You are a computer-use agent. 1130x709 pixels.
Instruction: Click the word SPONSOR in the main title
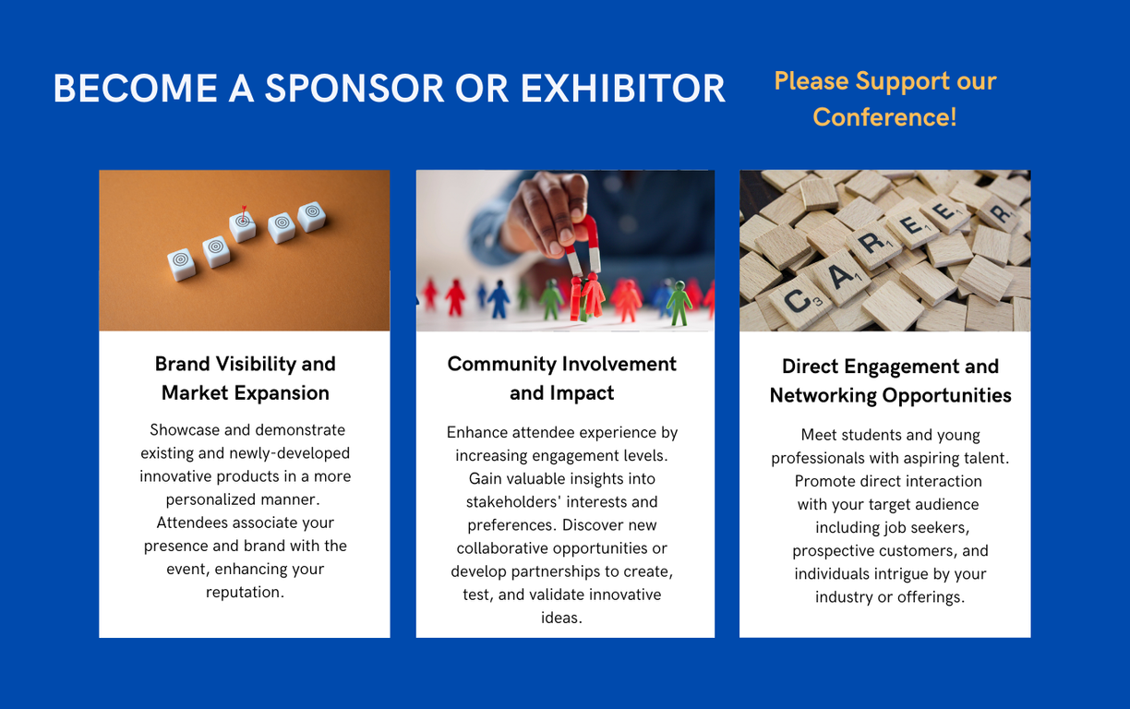pos(355,89)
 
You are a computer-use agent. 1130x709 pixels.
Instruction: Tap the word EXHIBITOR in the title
pos(622,89)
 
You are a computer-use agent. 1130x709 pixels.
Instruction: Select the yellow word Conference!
pos(884,117)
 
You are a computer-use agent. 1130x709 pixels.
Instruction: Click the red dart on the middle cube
pos(244,214)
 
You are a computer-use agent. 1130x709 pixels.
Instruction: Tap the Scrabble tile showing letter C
pos(800,300)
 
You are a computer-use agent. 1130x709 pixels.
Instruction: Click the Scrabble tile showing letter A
pos(841,277)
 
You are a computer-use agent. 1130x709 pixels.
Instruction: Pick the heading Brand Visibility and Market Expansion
pos(246,378)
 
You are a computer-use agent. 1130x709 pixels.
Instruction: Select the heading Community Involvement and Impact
pos(561,378)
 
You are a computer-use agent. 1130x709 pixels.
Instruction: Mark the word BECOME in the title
pos(135,89)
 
